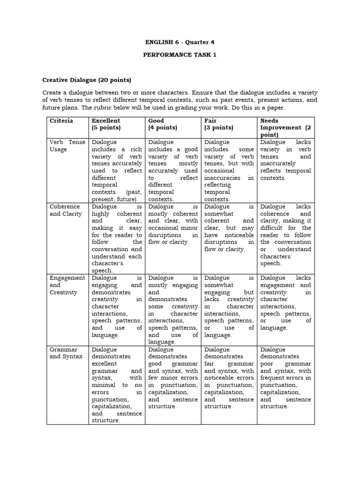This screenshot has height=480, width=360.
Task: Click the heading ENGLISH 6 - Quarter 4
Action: point(180,42)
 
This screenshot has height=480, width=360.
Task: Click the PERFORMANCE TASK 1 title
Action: point(180,55)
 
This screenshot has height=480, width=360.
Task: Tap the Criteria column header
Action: point(61,120)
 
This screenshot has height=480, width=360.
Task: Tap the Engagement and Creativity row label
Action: point(67,285)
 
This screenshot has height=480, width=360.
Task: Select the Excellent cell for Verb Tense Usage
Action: point(117,171)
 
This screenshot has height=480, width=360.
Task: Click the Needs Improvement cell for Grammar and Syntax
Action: point(285,378)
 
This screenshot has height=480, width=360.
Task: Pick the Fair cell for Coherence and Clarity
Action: point(229,228)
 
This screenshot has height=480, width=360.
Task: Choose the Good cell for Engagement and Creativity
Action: point(173,310)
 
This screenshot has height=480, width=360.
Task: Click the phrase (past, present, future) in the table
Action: point(116,195)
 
